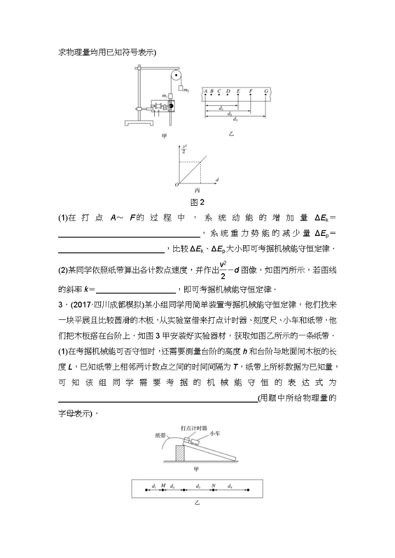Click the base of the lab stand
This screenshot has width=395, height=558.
coord(134,121)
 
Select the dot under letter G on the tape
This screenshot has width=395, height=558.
coord(266,96)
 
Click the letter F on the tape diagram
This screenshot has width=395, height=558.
coord(251,91)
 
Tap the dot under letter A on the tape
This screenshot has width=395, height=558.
coord(205,96)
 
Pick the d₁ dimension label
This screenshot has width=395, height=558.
coord(221,108)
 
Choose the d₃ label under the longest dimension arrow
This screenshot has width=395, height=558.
coord(235,119)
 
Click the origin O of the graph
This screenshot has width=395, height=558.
coord(177,184)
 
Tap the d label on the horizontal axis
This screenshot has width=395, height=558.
coord(217,179)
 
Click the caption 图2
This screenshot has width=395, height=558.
coord(197,201)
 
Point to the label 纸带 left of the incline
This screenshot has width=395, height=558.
coord(161,435)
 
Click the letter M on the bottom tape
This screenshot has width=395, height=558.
coord(163,486)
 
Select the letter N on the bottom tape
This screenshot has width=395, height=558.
coord(213,486)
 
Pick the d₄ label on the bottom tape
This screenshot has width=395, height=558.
coord(230,486)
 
